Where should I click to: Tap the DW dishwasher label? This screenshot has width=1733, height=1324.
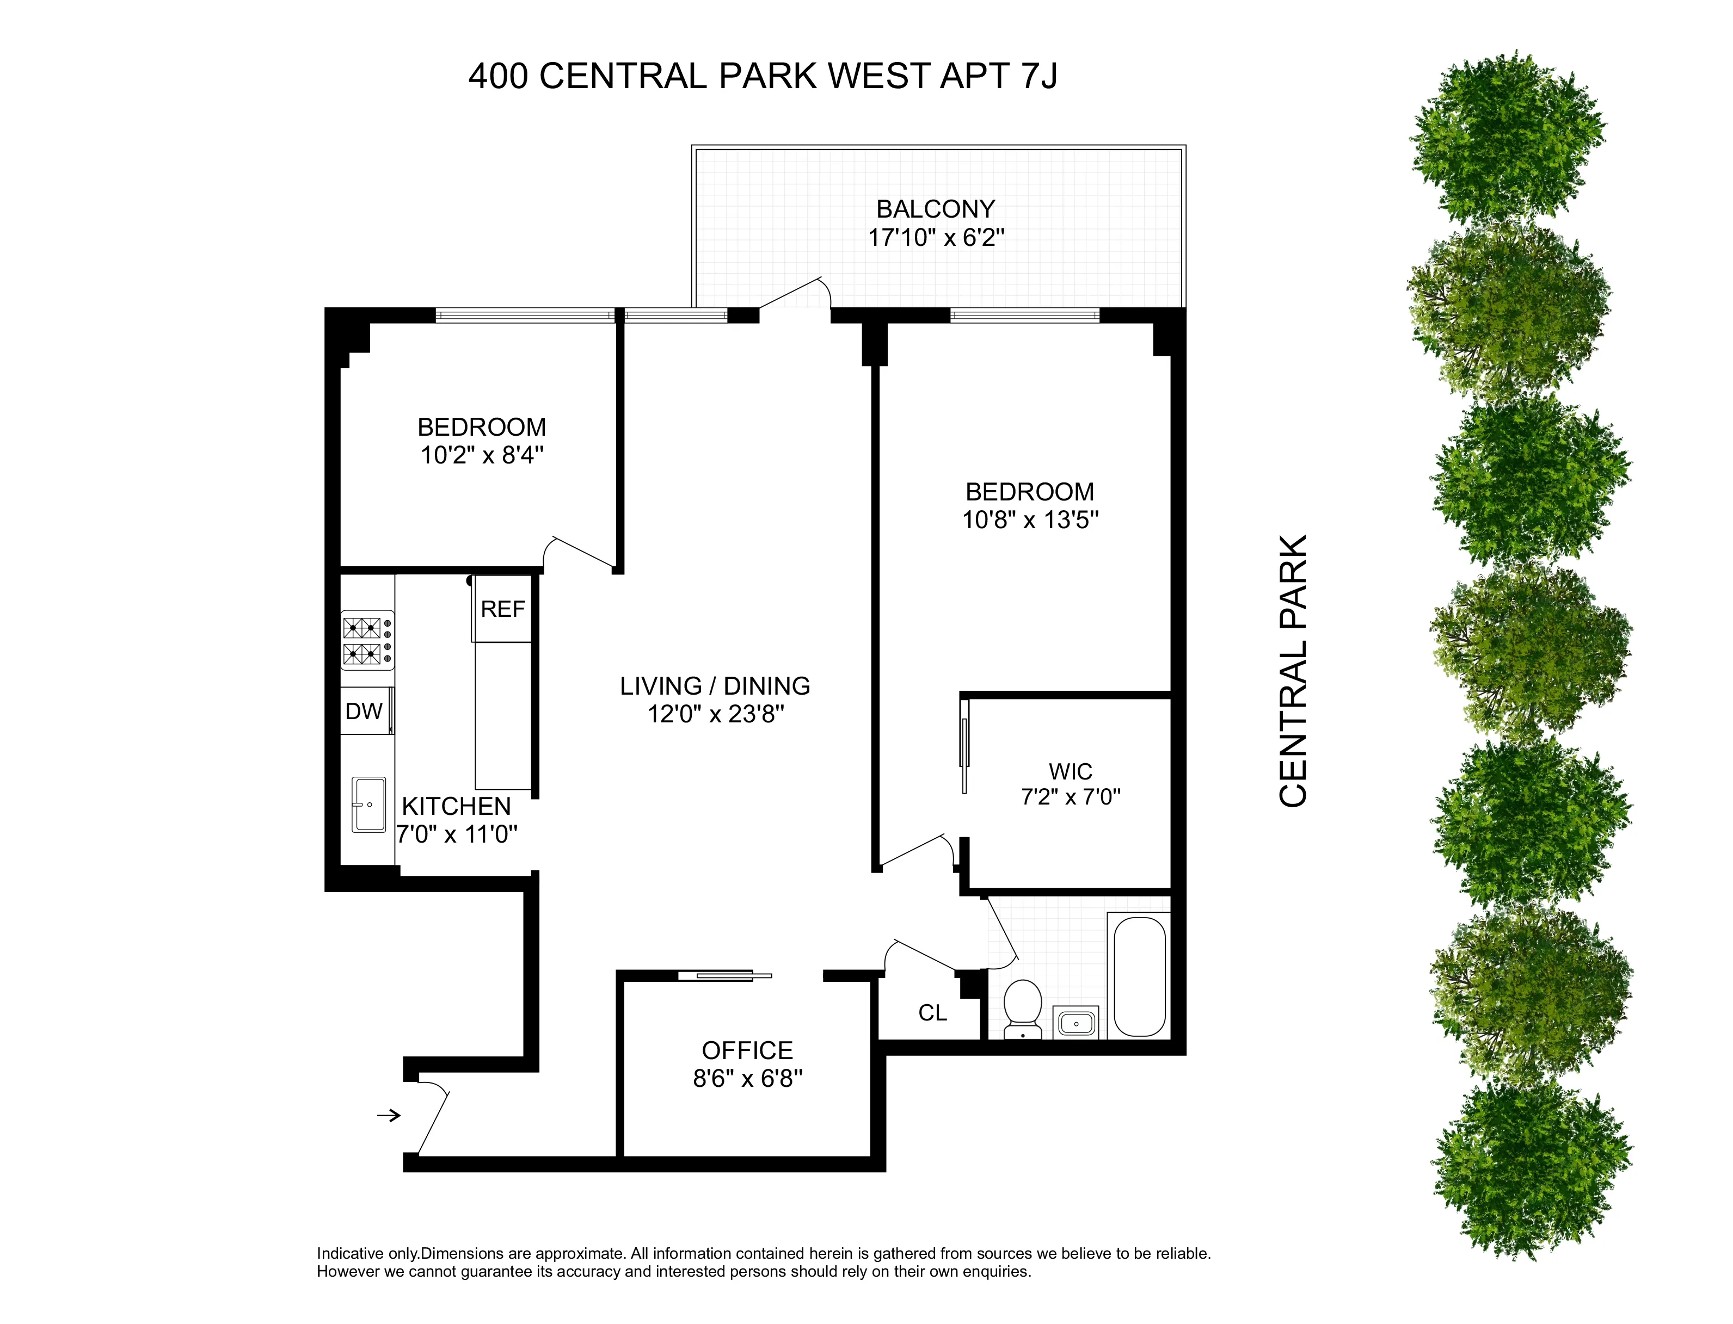364,712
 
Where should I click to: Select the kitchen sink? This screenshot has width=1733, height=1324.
368,805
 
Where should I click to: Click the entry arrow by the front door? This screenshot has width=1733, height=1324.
389,1115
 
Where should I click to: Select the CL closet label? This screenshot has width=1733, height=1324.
933,1013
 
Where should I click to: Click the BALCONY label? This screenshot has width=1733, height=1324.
936,209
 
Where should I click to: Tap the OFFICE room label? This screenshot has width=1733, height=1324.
747,1050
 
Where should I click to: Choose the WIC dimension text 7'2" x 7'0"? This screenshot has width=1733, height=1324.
1071,797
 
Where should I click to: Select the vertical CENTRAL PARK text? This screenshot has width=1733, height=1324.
1293,671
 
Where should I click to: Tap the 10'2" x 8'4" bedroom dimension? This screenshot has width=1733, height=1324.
482,455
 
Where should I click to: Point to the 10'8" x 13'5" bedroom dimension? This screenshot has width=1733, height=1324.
1030,520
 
